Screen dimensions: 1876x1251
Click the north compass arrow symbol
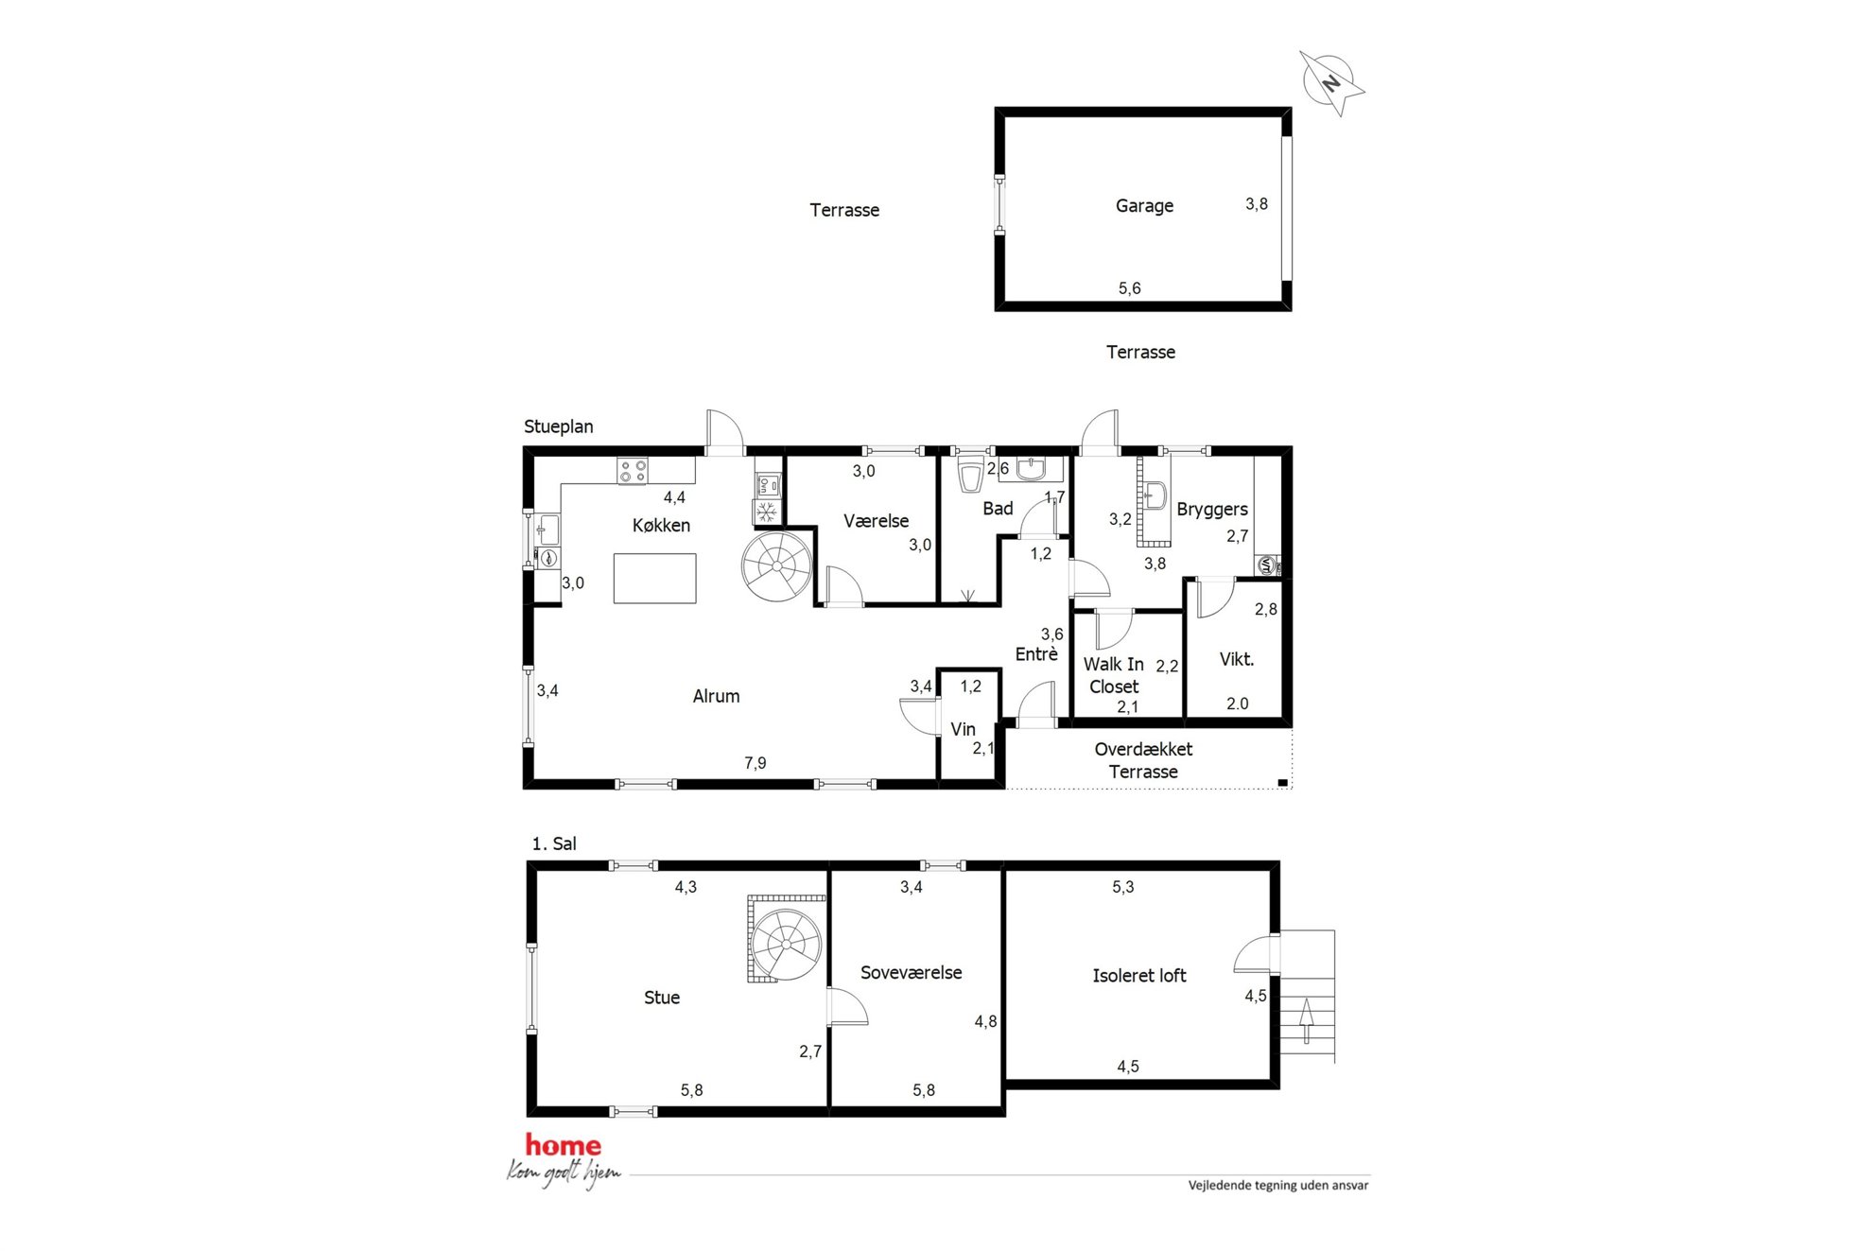1331,82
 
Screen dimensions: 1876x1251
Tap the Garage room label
1144,205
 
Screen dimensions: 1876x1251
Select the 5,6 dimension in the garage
1129,288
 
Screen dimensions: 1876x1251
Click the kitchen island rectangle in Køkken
654,579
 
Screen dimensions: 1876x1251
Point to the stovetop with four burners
633,471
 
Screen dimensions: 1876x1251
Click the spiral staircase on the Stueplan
777,566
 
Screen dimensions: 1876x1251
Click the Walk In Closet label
1113,675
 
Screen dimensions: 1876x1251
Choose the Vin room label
963,729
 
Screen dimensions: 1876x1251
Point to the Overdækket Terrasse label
1143,760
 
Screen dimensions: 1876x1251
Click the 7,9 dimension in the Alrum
755,763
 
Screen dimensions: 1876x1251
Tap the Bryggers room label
1211,510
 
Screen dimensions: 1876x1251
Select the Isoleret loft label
1138,976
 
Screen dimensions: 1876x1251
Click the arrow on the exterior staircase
1307,1020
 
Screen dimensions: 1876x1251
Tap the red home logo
563,1146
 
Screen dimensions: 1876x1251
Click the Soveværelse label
911,973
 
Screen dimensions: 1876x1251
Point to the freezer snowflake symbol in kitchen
767,513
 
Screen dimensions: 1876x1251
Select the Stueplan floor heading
559,427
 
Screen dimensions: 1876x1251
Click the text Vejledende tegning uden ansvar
1278,1186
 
